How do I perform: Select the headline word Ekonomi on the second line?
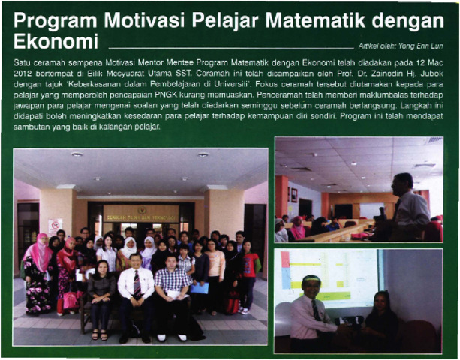tap(56, 41)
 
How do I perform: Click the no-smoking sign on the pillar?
tap(56, 226)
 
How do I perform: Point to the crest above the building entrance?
tap(143, 210)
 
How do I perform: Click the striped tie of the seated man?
tap(137, 283)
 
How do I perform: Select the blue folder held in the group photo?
tap(200, 288)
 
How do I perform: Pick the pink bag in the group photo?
tap(71, 299)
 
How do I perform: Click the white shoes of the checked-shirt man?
tap(172, 337)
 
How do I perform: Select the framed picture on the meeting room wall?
tap(294, 196)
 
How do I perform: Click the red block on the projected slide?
tap(285, 259)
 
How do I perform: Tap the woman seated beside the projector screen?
tap(380, 319)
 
